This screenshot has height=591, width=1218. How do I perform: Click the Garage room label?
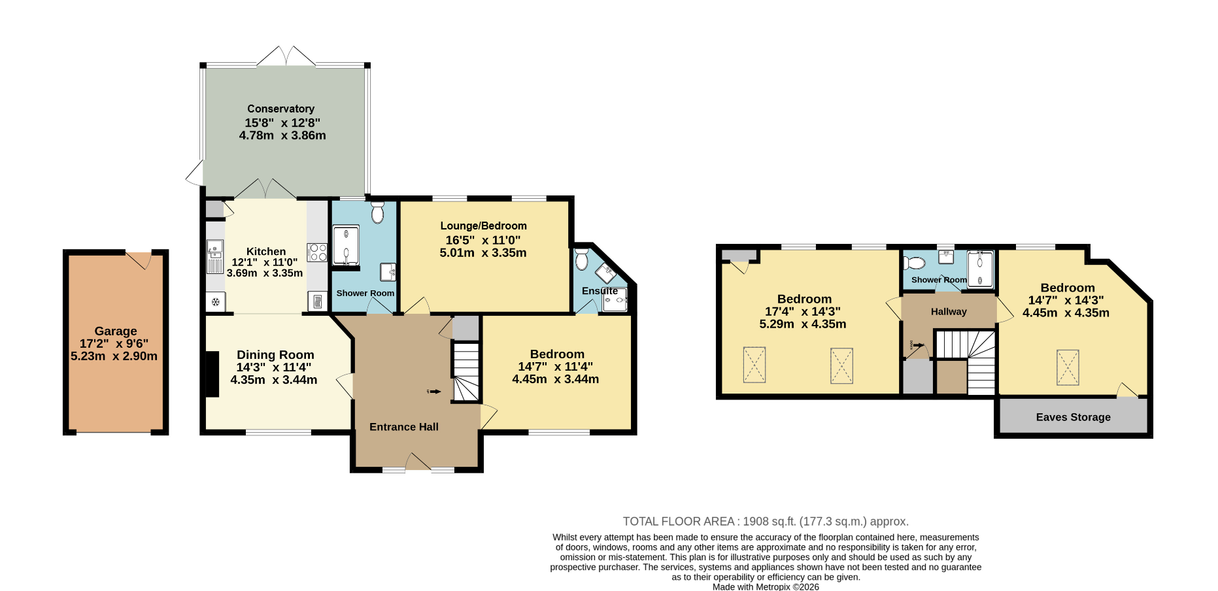click(116, 331)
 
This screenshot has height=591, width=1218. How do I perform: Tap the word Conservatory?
click(280, 109)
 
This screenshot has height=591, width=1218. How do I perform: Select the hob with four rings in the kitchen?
click(317, 252)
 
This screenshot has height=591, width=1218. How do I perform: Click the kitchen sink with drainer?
click(215, 256)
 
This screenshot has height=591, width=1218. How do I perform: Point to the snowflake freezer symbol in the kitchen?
click(215, 302)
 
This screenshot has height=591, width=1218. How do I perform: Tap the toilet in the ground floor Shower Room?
click(377, 212)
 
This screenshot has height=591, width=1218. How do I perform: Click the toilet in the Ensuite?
click(582, 259)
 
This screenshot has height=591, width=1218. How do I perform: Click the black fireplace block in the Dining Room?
click(212, 374)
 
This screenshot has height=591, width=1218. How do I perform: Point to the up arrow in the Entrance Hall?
click(434, 392)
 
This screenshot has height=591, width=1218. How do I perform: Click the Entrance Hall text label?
click(404, 427)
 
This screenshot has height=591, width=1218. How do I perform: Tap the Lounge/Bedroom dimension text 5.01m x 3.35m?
click(483, 252)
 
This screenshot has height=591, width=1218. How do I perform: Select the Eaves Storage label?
click(1074, 417)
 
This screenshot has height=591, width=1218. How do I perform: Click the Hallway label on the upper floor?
click(949, 312)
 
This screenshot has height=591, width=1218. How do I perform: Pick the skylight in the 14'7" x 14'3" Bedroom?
click(1068, 367)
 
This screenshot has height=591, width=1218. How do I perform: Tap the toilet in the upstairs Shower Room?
click(915, 263)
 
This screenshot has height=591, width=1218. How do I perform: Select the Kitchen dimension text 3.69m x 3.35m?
click(265, 273)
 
